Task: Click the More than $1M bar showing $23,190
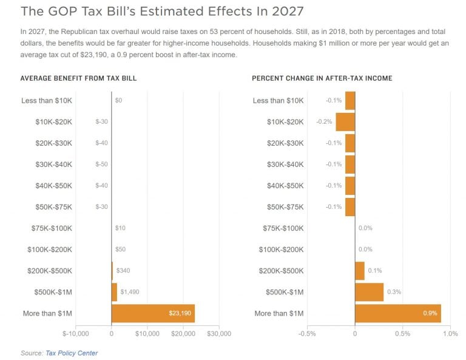tap(153, 313)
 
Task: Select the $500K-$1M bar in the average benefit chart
tap(114, 292)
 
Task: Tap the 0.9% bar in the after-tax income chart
tap(397, 313)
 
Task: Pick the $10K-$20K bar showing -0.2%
tap(345, 121)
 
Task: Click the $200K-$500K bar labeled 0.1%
tap(359, 271)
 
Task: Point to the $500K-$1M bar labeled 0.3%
tap(369, 292)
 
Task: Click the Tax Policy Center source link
tap(72, 353)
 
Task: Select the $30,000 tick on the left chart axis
tap(219, 334)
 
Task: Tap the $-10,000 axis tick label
tap(75, 334)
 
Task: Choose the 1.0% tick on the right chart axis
tap(450, 334)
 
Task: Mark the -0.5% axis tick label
tap(307, 334)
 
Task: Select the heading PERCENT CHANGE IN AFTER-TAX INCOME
tap(322, 78)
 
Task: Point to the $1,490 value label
tap(129, 292)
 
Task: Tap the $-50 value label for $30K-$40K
tap(101, 164)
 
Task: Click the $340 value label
tap(124, 271)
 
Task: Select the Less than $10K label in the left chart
tap(47, 100)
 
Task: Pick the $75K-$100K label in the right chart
tap(283, 228)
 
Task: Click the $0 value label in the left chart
tap(118, 100)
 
